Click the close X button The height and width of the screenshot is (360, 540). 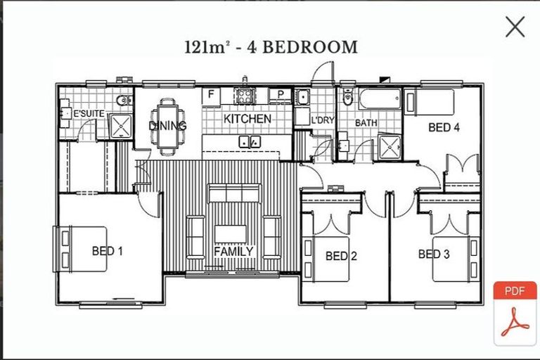pyautogui.click(x=515, y=27)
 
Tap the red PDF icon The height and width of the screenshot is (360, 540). pyautogui.click(x=515, y=313)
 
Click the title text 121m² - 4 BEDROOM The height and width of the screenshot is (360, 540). pyautogui.click(x=271, y=47)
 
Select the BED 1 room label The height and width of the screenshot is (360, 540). pyautogui.click(x=108, y=251)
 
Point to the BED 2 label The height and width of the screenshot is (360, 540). pyautogui.click(x=341, y=256)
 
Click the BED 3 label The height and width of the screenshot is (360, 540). pyautogui.click(x=434, y=255)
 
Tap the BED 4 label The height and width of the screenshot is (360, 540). pyautogui.click(x=444, y=127)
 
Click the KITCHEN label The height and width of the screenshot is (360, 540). pyautogui.click(x=247, y=119)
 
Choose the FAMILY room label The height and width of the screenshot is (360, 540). pyautogui.click(x=233, y=251)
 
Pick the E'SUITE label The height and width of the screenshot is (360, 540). pyautogui.click(x=89, y=113)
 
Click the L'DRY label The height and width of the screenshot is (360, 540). pyautogui.click(x=323, y=120)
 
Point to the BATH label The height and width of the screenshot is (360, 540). pyautogui.click(x=366, y=122)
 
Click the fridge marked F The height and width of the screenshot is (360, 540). pyautogui.click(x=211, y=96)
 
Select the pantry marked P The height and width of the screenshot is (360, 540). pyautogui.click(x=281, y=95)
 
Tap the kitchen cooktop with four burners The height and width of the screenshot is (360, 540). pyautogui.click(x=245, y=96)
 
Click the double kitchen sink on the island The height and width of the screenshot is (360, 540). pyautogui.click(x=250, y=141)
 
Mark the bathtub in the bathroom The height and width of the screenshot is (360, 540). pyautogui.click(x=380, y=99)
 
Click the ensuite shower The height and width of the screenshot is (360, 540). pyautogui.click(x=121, y=126)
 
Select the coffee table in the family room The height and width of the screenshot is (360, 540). pyautogui.click(x=231, y=234)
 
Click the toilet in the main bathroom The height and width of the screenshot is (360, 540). pyautogui.click(x=348, y=96)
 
